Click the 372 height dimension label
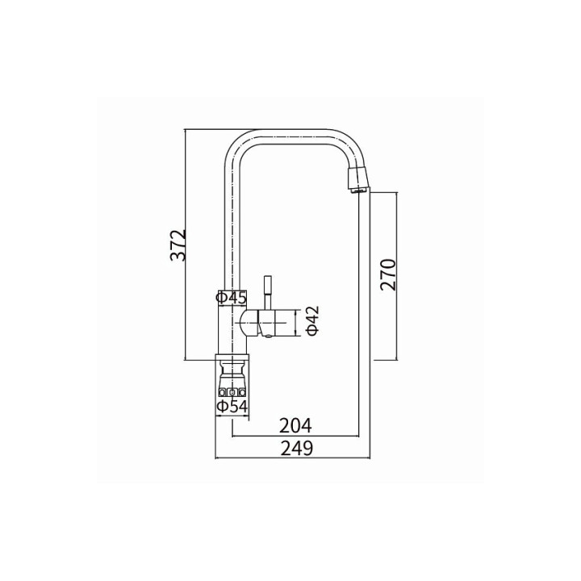178,245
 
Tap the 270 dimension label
388,275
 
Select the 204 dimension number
295,426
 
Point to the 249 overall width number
297,449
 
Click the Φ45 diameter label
232,298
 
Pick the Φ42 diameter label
313,320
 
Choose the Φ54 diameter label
232,407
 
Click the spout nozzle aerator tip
358,181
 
